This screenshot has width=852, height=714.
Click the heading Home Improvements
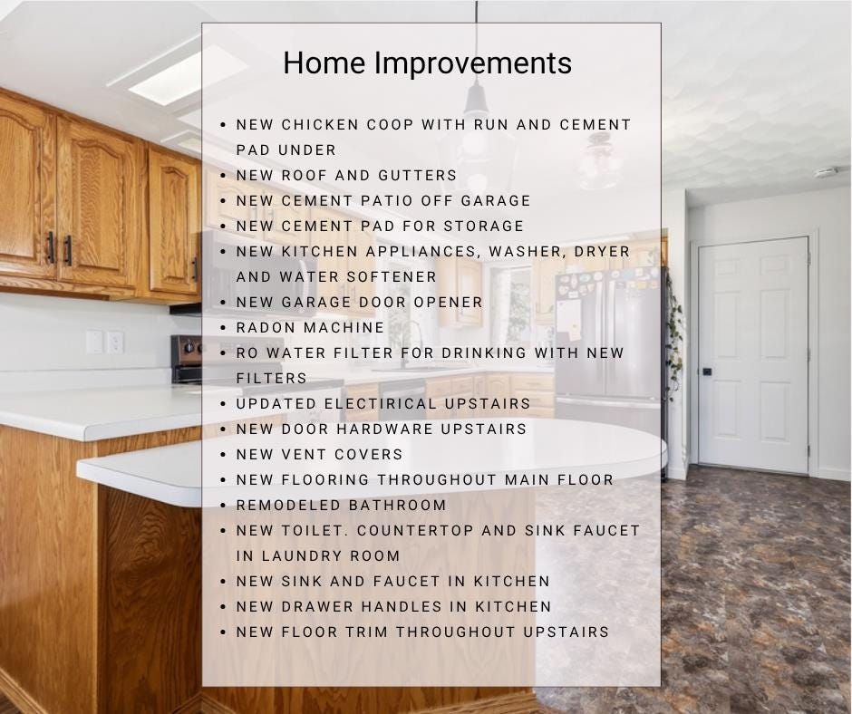(x=427, y=63)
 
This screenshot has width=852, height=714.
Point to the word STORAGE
(x=484, y=226)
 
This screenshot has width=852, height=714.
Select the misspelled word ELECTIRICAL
(x=380, y=404)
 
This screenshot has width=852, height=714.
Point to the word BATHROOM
(x=397, y=506)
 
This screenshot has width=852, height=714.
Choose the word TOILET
(x=315, y=530)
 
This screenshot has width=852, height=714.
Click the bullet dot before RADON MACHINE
(x=223, y=328)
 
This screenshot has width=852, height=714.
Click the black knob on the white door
(x=707, y=371)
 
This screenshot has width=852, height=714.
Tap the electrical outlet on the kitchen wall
(x=114, y=343)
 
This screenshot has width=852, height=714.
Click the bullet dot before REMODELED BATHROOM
(x=223, y=506)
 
